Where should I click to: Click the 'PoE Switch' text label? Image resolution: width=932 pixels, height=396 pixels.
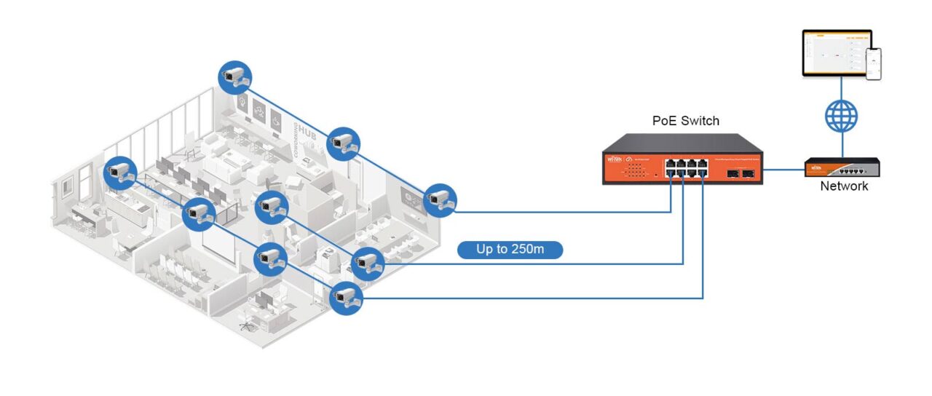coord(685,121)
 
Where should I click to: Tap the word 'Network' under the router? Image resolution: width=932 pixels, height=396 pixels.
coord(844,186)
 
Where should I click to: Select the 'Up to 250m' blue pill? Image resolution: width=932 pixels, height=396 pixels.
coord(510,250)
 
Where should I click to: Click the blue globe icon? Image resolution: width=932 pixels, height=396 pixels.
coord(841,116)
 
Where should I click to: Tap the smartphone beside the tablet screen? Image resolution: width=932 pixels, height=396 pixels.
coord(873,64)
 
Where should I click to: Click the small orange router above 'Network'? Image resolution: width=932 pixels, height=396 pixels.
coord(842,168)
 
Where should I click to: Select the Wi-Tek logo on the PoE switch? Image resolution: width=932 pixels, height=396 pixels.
coord(613,158)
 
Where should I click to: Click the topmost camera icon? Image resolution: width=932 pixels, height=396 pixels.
coord(235,76)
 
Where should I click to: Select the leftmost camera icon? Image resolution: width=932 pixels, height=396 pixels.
coord(120,172)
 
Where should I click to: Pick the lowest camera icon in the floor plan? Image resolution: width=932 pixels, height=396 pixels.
coord(345,297)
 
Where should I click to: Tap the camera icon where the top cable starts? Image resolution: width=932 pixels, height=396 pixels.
coord(439,199)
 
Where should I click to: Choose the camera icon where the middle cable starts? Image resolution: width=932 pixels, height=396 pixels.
coord(368,263)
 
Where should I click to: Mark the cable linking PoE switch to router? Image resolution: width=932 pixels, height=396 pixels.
coord(783,169)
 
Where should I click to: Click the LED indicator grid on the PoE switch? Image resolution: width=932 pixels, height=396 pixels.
coord(634,170)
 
